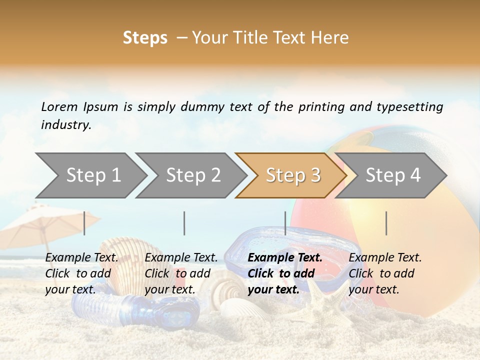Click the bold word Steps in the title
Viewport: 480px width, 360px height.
pos(145,38)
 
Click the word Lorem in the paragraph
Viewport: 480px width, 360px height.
pos(59,107)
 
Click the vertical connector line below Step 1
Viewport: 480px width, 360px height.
pos(84,223)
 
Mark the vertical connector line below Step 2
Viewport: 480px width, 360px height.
pos(184,223)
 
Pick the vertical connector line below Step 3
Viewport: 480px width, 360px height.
pos(285,223)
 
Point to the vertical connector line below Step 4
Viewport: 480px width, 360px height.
pos(386,223)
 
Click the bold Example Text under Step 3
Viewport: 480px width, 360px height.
pos(285,258)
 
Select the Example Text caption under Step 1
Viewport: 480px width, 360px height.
pos(81,258)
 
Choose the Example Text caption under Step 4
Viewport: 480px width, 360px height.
pos(385,258)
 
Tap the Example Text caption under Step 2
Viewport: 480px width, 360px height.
pos(181,258)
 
